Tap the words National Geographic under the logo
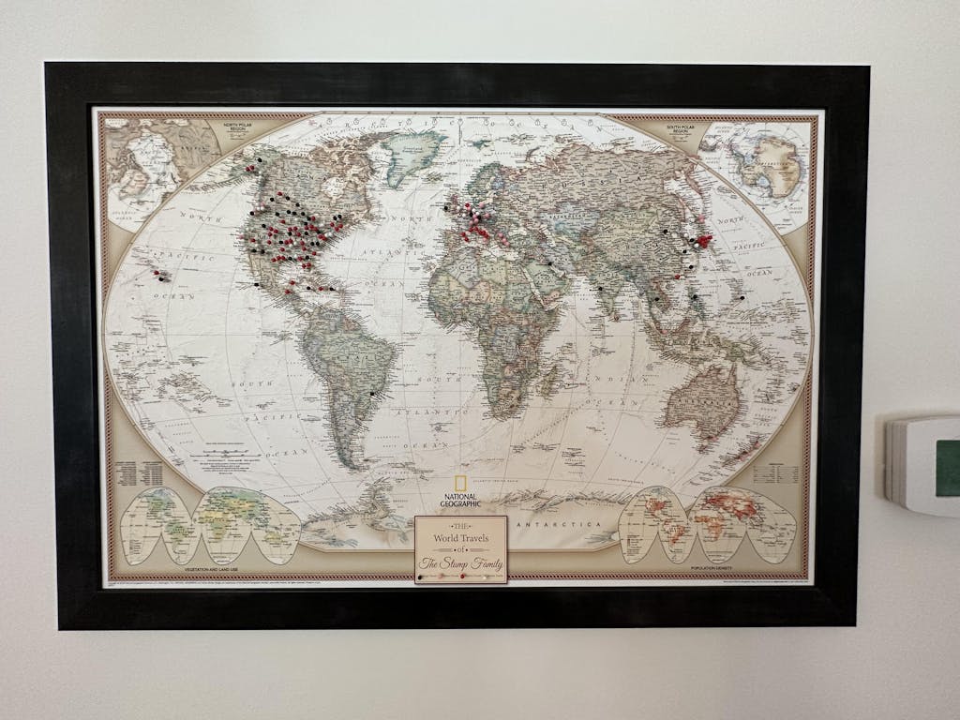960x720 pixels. [x=459, y=500]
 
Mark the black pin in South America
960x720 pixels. [x=372, y=395]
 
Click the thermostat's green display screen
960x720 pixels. [x=949, y=467]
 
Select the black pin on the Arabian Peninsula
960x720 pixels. [x=550, y=263]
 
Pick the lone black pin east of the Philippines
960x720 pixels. [x=742, y=297]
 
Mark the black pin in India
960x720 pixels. [x=600, y=288]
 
